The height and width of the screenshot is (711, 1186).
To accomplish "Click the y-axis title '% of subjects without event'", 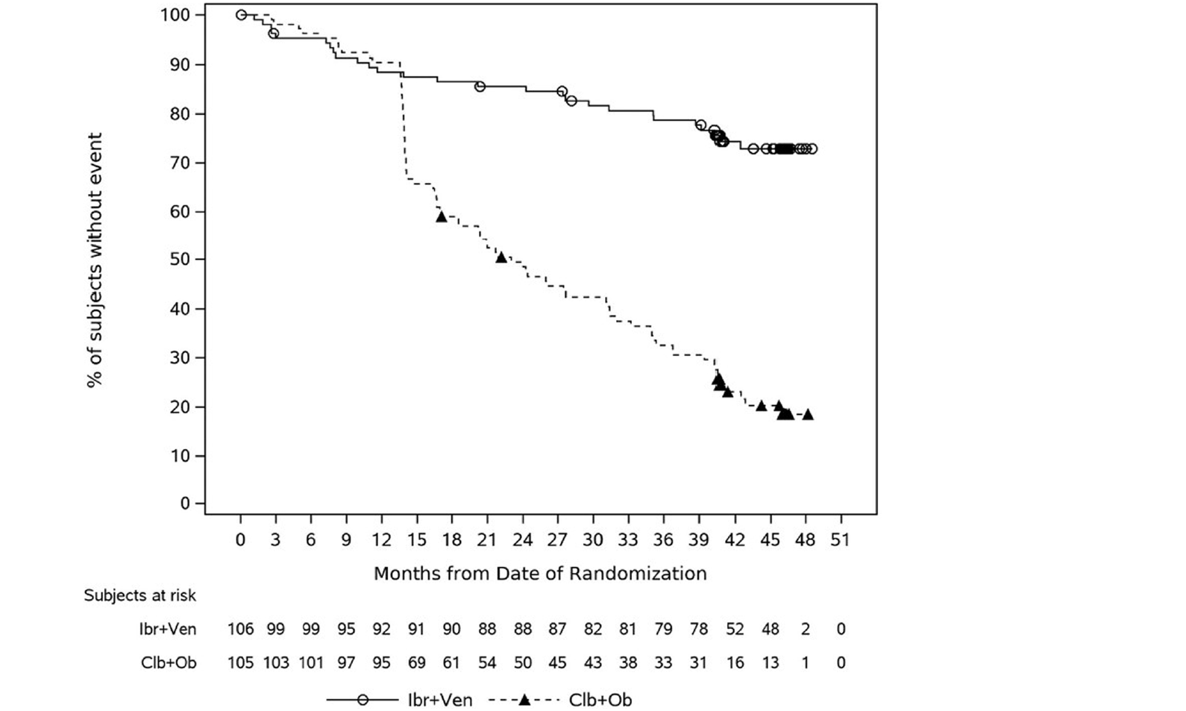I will (95, 260).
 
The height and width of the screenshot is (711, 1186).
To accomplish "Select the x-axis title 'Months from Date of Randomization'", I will (540, 573).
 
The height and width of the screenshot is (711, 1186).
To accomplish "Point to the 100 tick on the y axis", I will (175, 15).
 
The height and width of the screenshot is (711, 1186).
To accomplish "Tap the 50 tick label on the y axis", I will (175, 260).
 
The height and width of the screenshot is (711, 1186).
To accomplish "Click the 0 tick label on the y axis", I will (184, 504).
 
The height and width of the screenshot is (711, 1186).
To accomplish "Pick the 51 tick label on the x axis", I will (841, 539).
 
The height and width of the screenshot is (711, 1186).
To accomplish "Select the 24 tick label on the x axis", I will (523, 539).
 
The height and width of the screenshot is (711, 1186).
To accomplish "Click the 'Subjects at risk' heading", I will (139, 595).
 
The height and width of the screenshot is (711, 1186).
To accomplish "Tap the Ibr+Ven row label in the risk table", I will (168, 629).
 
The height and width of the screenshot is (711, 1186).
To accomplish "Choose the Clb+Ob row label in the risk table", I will (169, 663).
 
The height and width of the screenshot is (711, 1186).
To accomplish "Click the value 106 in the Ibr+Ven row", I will (241, 629).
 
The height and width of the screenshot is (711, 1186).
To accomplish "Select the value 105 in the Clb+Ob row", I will (241, 663).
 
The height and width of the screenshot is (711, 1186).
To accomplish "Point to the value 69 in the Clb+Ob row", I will (416, 663).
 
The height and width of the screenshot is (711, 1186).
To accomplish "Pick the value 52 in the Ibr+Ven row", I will (735, 629).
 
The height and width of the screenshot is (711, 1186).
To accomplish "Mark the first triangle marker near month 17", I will (441, 216).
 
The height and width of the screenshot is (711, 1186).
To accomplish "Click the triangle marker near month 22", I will (501, 257).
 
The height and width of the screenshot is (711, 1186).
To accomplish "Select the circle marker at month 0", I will (241, 15).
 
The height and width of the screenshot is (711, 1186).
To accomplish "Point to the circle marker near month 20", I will (480, 87).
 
